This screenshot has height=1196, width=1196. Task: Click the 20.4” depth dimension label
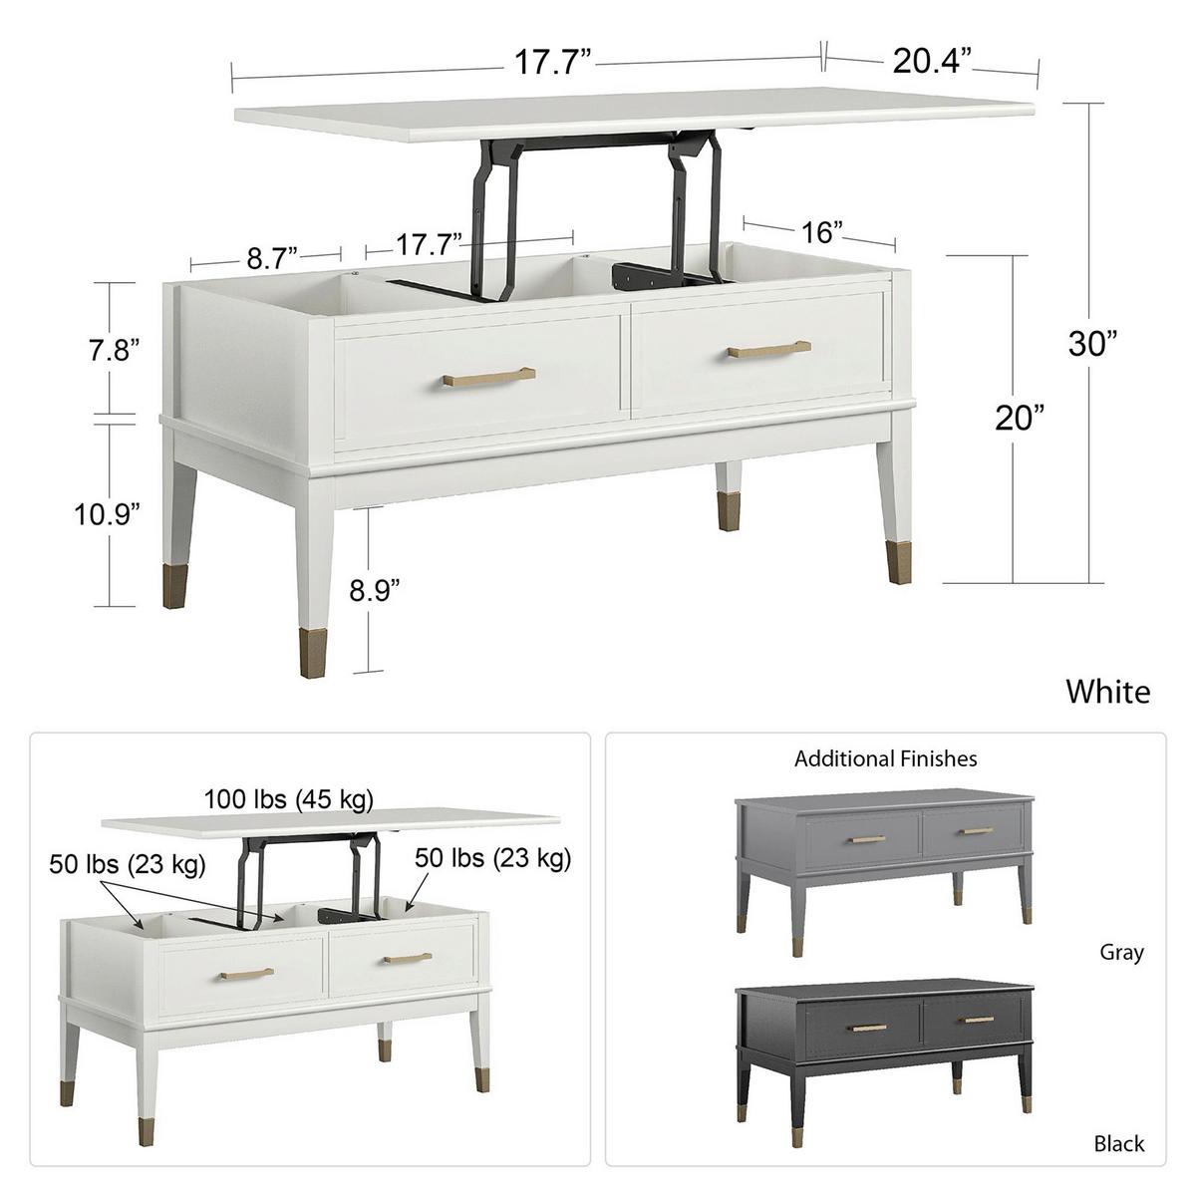[x=931, y=62]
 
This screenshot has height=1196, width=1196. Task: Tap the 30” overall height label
[x=1092, y=344]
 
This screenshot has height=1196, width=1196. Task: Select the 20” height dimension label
[x=1021, y=418]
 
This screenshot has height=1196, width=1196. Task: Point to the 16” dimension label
[x=822, y=232]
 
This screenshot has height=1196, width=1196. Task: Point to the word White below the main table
[x=1107, y=692]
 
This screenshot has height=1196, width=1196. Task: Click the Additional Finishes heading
[x=885, y=759]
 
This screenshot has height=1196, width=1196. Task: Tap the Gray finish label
[x=1121, y=953]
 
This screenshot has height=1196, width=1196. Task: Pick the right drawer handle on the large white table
[x=767, y=350]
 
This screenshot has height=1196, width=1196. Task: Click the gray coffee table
[x=881, y=847]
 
